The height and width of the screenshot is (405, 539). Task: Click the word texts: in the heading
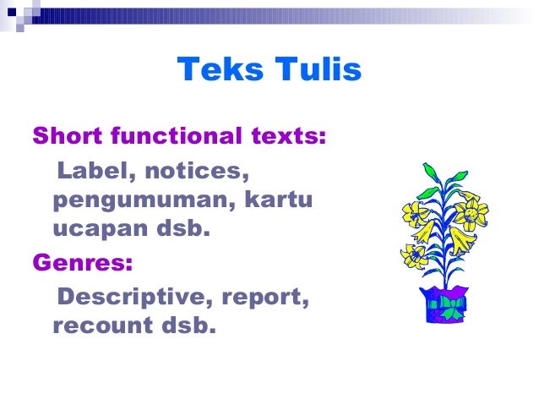pos(290,135)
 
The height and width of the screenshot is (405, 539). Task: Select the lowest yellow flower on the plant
pos(415,254)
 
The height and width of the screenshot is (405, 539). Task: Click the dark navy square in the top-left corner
pos(12,12)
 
